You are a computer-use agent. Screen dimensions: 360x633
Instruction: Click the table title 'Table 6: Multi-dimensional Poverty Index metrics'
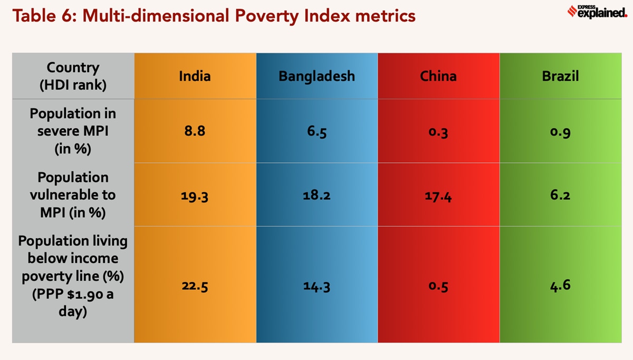tap(214, 16)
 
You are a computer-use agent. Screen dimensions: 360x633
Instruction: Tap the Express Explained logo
tap(597, 11)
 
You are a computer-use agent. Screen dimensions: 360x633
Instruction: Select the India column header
tap(195, 76)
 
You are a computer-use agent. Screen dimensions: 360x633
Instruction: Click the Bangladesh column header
tap(316, 76)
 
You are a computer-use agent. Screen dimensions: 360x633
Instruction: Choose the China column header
tap(438, 76)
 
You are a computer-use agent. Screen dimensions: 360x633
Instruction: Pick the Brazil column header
tap(560, 76)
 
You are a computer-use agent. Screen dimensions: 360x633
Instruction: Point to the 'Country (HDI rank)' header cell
tap(73, 76)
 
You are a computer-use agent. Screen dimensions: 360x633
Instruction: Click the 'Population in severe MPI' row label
tap(73, 131)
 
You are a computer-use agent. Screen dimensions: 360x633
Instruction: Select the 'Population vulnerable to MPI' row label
tap(73, 194)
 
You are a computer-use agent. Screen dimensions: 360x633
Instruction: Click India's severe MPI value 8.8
tap(195, 131)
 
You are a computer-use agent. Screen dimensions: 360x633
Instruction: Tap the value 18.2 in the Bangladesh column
tap(316, 195)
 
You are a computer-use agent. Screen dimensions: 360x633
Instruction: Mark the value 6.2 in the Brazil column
tap(560, 195)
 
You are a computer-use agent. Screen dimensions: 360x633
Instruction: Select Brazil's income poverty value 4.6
tap(560, 285)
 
